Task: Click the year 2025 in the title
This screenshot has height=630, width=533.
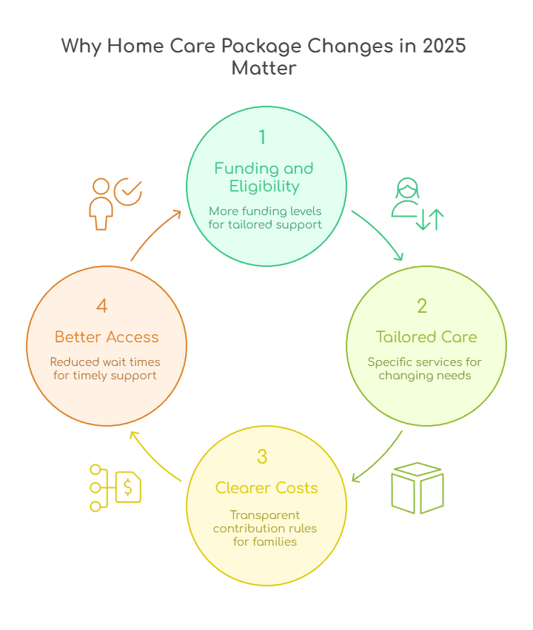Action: pos(444,46)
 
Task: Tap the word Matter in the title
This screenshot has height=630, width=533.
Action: pos(264,69)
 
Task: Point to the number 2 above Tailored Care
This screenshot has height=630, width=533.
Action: pos(422,306)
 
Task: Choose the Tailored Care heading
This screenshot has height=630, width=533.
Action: pos(426,337)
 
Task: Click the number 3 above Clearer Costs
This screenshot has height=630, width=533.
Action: pos(262,457)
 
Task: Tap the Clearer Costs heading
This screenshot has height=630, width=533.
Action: pos(266,488)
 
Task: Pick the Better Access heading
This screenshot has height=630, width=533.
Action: pos(107,337)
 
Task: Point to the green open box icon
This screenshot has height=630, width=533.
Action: pos(417,488)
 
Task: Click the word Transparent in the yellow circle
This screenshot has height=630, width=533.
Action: pos(265,515)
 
